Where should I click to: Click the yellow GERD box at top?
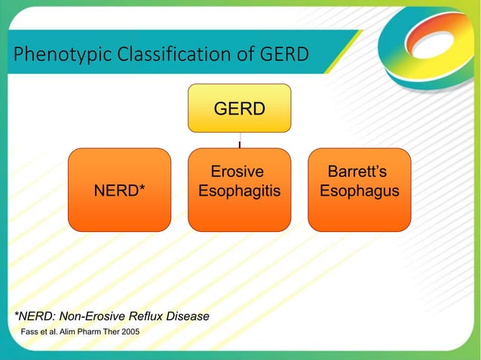pos(239,108)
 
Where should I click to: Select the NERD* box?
pos(119,190)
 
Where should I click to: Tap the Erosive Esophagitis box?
pos(239,190)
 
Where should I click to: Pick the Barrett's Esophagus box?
pos(359,190)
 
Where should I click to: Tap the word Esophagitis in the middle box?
pos(239,192)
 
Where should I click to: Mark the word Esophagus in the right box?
pos(360,192)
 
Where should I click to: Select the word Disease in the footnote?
pos(188,316)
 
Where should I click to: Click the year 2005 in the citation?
pos(127,332)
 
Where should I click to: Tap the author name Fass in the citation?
pos(29,332)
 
